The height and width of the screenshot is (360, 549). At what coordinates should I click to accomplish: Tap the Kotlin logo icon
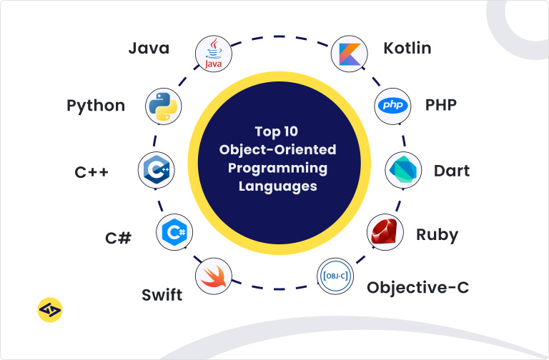[x=349, y=54]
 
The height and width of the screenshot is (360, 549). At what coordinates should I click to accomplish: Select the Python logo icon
[x=160, y=106]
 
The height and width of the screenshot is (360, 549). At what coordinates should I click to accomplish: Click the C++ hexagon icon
[x=155, y=170]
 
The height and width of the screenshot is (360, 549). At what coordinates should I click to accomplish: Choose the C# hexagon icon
[x=174, y=232]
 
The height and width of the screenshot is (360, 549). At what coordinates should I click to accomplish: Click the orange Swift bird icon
[x=214, y=276]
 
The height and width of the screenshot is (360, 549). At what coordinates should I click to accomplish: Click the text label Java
[x=149, y=49]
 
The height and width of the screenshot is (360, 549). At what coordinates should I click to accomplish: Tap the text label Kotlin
[x=407, y=49]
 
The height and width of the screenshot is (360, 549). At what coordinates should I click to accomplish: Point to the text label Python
[x=96, y=106]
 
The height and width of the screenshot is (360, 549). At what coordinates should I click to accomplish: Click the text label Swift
[x=162, y=294]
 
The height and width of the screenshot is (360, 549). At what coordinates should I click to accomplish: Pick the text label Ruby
[x=437, y=234]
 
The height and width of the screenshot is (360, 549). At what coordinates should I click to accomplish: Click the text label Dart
[x=452, y=171]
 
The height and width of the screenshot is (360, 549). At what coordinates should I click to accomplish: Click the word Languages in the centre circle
[x=276, y=186]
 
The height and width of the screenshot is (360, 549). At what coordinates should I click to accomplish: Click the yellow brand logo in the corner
[x=49, y=309]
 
